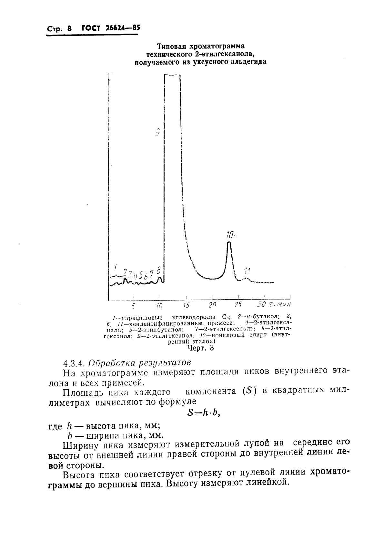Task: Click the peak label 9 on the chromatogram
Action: [158, 133]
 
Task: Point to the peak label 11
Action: [247, 271]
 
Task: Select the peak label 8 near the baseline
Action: [158, 271]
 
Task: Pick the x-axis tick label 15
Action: [186, 305]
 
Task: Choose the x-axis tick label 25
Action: [238, 305]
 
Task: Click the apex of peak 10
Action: [229, 242]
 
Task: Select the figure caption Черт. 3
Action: [200, 348]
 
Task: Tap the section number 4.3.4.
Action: [74, 363]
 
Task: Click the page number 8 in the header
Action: [69, 29]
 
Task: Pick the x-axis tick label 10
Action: [159, 305]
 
